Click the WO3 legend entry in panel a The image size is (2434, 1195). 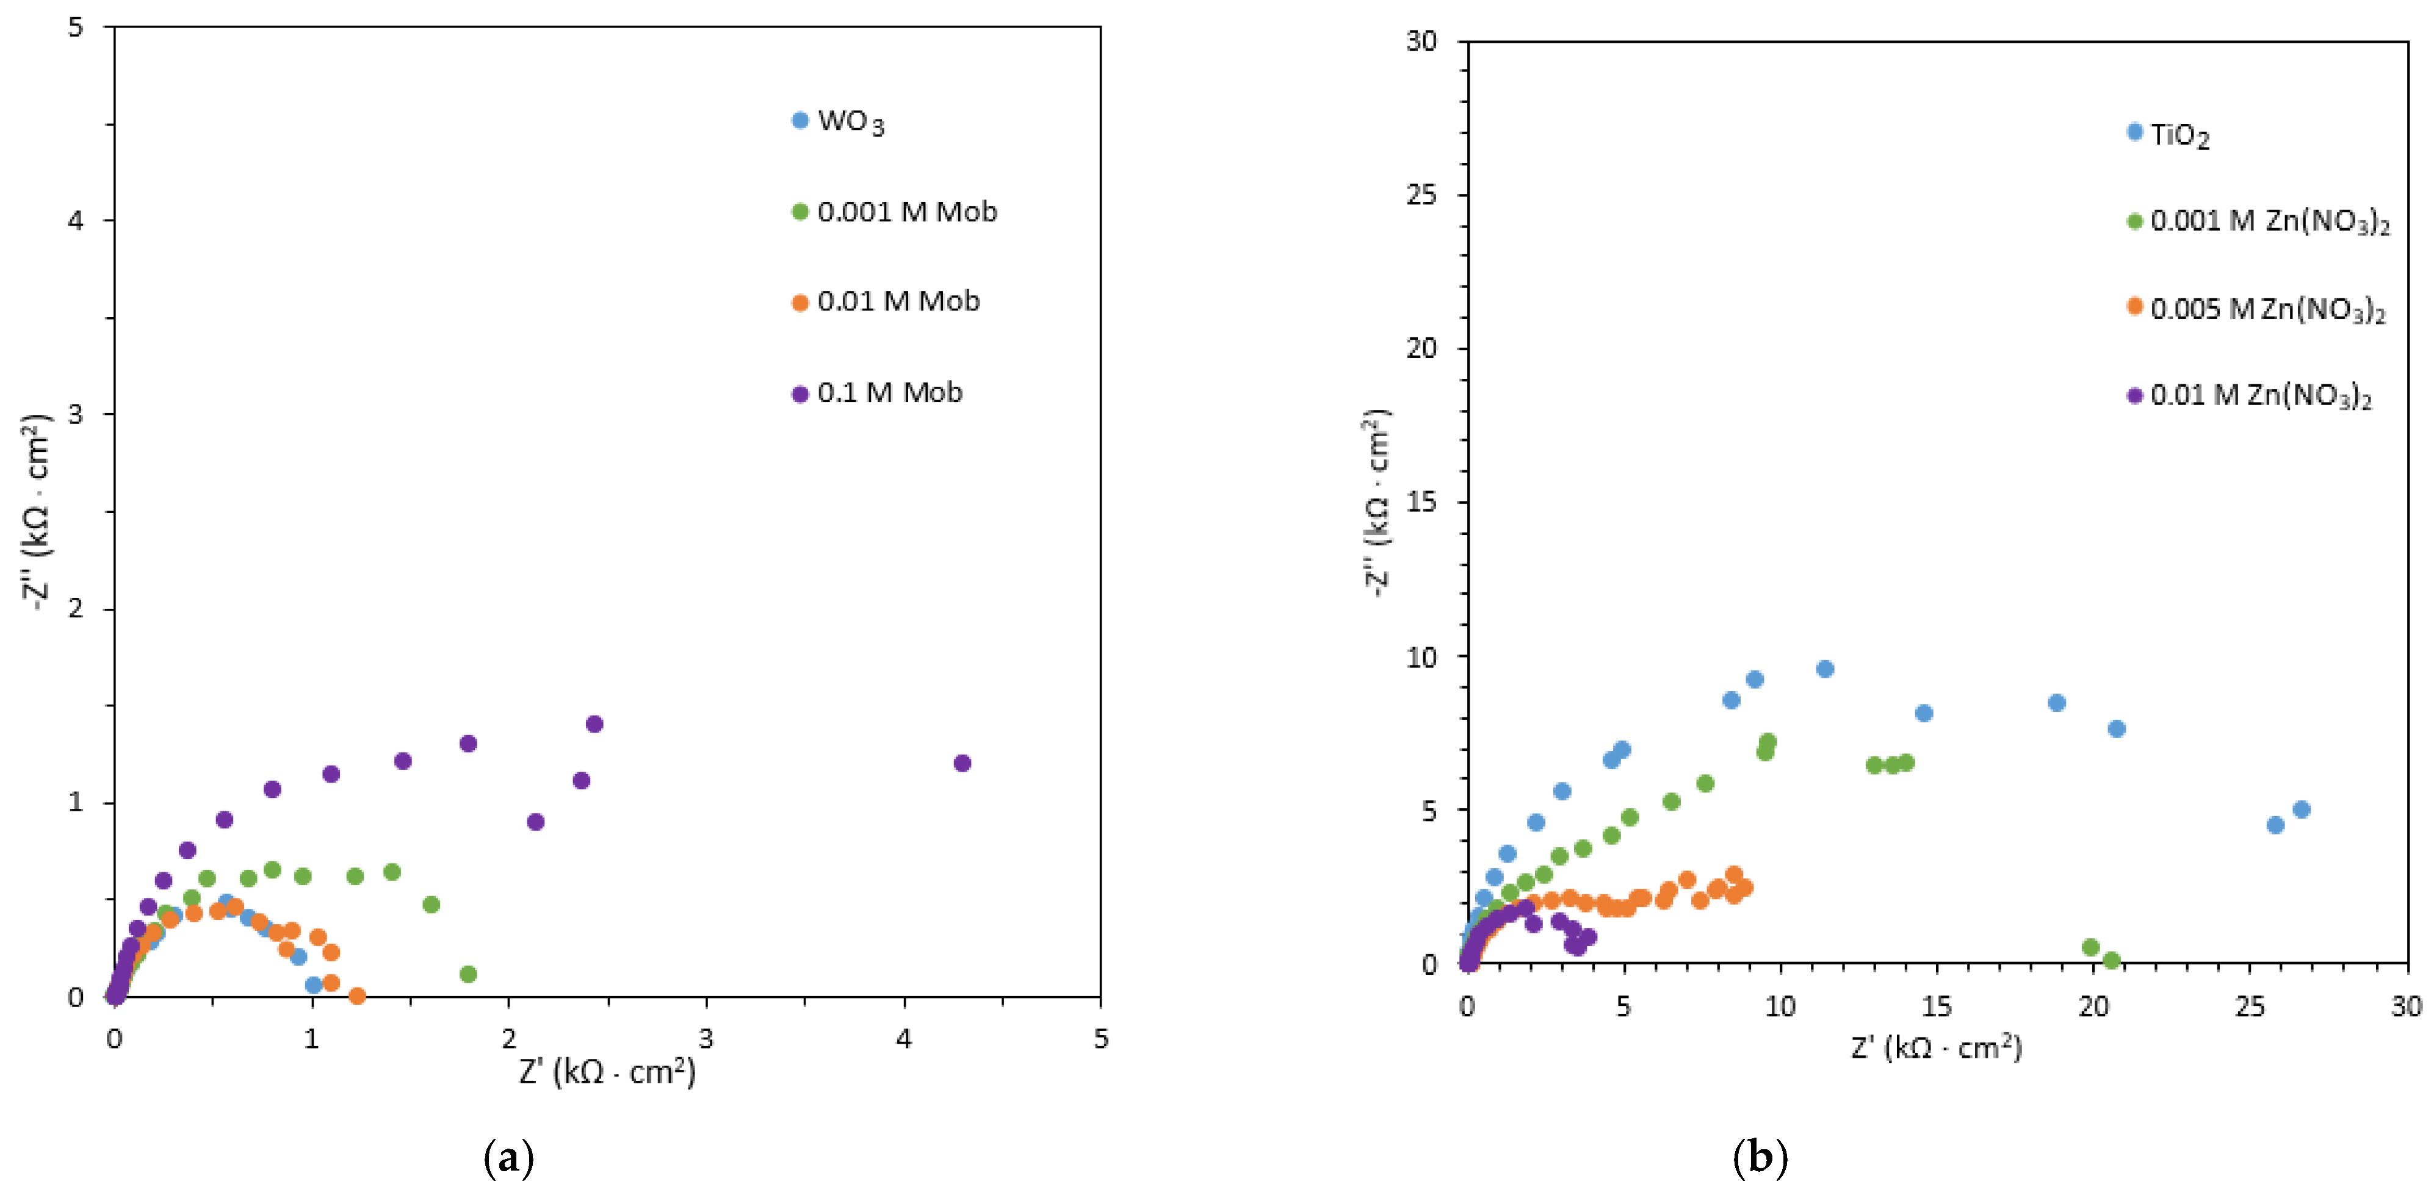(850, 122)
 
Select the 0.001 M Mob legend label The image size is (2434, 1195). (906, 212)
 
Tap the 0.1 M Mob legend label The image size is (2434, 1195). (889, 393)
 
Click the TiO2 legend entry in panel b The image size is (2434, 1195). (2179, 135)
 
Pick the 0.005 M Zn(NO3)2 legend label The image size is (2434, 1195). (2267, 309)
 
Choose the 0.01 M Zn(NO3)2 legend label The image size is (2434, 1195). (2260, 395)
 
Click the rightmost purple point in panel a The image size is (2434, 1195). (962, 763)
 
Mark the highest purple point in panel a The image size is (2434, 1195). (594, 723)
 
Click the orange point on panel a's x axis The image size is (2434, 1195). (357, 996)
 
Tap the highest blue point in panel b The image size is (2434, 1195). (1824, 669)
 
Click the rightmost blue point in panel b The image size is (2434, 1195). (2302, 809)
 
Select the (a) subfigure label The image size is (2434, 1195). (509, 1157)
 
